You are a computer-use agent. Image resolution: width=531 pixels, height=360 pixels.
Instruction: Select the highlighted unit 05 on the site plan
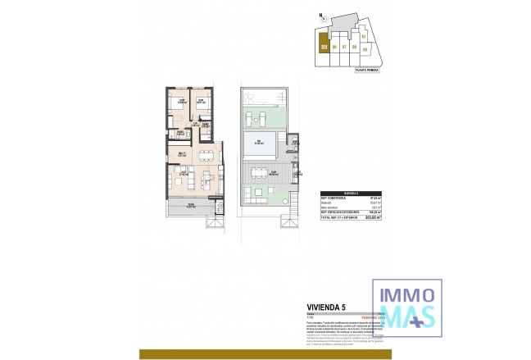(x=324, y=47)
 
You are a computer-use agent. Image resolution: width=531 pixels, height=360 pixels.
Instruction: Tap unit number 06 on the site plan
(x=334, y=48)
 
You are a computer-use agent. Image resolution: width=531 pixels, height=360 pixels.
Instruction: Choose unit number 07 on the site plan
(x=344, y=48)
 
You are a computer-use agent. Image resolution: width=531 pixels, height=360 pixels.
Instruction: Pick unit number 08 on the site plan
(x=354, y=48)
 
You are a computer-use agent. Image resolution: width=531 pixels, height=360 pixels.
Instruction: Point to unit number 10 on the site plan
(x=363, y=36)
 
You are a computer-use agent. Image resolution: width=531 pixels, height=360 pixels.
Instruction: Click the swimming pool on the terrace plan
(x=259, y=146)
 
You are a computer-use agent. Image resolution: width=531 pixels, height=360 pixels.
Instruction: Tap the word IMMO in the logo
(x=406, y=292)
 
